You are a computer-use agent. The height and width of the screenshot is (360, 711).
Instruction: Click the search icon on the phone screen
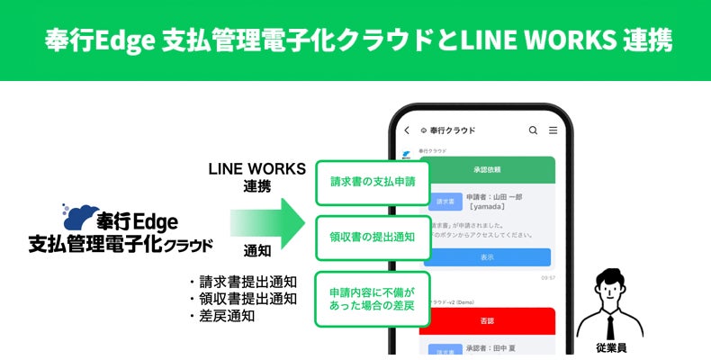point(533,130)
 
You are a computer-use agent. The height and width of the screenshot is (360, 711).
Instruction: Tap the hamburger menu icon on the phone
point(553,130)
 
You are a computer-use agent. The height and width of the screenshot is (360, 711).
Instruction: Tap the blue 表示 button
point(486,256)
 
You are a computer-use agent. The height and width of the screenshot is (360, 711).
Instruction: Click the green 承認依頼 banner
point(486,168)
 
